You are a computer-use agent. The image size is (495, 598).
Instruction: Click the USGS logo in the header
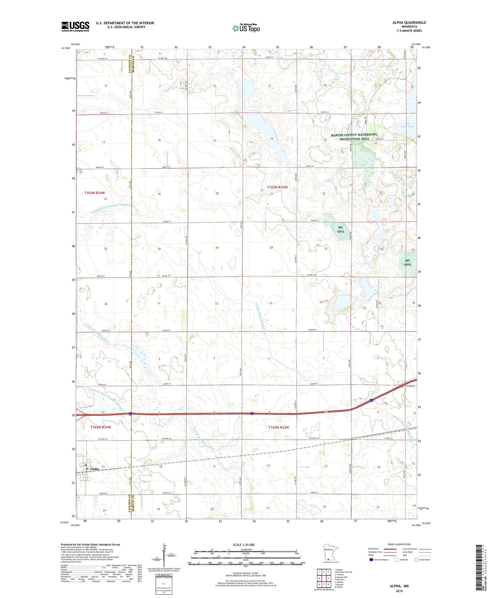pos(75,26)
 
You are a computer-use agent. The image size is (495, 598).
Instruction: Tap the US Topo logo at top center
pos(246,28)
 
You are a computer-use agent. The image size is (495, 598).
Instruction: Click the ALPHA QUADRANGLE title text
pos(409,23)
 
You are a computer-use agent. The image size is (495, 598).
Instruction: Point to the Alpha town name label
pos(95,469)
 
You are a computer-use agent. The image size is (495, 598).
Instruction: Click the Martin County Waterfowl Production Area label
pos(354,137)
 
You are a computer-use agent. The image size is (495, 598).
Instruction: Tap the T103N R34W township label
pos(95,193)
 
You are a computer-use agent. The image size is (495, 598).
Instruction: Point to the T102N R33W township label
pos(279,427)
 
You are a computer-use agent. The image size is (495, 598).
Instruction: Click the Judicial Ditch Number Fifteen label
pos(110,208)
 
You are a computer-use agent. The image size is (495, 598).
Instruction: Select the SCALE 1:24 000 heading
pos(244,545)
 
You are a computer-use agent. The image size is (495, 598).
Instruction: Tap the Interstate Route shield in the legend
pos(371,560)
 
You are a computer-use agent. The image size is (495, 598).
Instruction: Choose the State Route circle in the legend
pos(417,560)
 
